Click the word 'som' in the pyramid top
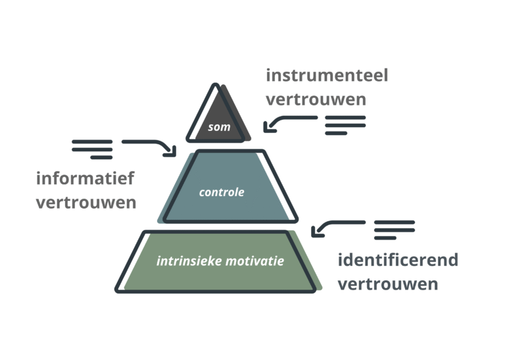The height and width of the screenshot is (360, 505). (219, 127)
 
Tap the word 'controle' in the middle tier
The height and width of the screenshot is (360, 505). (222, 192)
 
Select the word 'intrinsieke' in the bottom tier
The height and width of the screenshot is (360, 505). (181, 261)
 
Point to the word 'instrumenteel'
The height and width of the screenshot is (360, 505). (327, 76)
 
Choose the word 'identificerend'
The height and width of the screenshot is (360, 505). (398, 260)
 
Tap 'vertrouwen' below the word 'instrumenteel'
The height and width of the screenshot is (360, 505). (316, 101)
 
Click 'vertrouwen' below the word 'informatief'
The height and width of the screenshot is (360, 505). (86, 202)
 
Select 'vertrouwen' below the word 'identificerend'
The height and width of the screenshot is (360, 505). (388, 284)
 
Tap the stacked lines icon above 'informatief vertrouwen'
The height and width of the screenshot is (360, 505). (93, 149)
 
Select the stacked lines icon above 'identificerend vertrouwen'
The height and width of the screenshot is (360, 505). (395, 229)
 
